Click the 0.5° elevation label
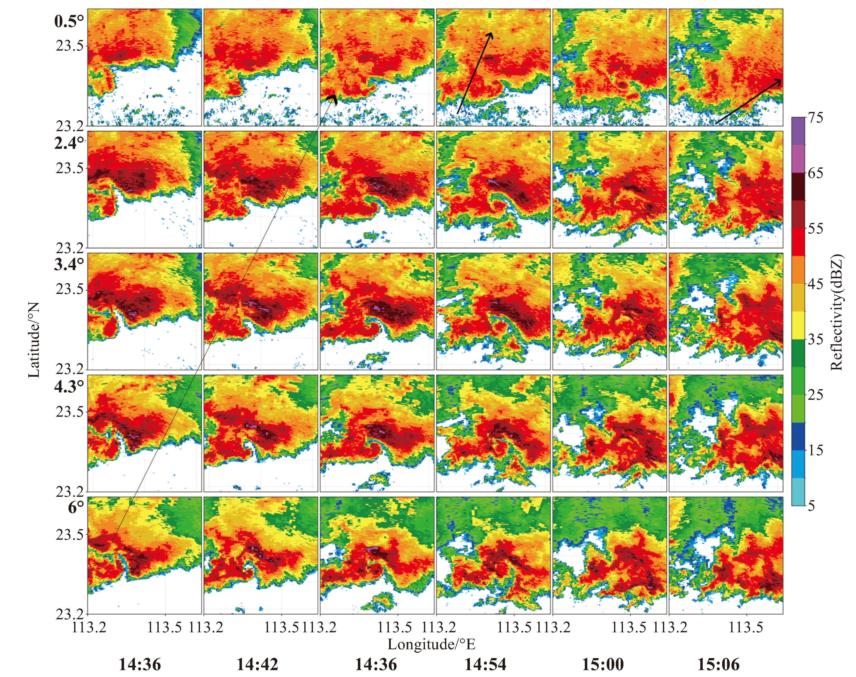tap(69, 21)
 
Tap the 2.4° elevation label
tap(69, 143)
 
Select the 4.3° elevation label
tap(69, 387)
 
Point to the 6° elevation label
tap(76, 507)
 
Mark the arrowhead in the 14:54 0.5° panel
tap(491, 35)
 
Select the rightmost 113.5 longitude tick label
tap(746, 628)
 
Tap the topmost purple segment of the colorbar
tap(798, 131)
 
